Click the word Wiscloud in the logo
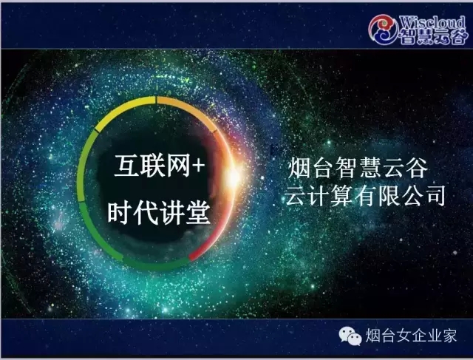[432, 23]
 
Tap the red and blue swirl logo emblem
[383, 30]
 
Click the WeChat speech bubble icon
[350, 336]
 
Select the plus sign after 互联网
[198, 166]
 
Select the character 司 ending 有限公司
[434, 196]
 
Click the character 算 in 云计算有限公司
[341, 196]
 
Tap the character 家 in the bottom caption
[449, 336]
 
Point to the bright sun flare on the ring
[234, 177]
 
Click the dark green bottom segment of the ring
[155, 265]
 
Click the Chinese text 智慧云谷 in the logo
[432, 37]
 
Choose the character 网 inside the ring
[179, 166]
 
